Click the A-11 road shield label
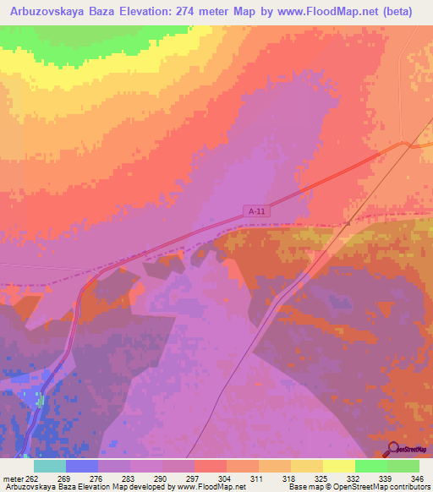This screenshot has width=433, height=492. click(x=258, y=210)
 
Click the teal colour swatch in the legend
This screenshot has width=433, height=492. click(x=50, y=466)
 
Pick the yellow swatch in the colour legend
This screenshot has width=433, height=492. click(x=338, y=466)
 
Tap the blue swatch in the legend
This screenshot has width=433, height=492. click(x=81, y=466)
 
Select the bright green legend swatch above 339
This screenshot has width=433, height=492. click(x=370, y=466)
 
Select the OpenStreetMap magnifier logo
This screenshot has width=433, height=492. click(x=392, y=448)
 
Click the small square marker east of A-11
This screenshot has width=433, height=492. click(x=348, y=222)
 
